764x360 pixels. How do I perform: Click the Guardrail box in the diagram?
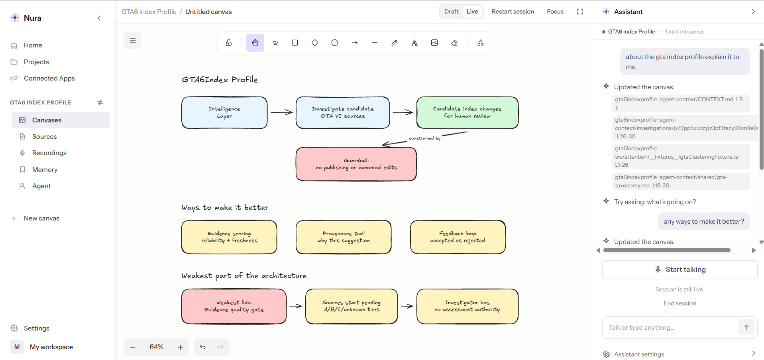click(x=356, y=164)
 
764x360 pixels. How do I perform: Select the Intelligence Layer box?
click(x=224, y=112)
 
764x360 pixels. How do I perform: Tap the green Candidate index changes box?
click(x=467, y=112)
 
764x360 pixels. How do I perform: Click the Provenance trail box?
click(x=344, y=237)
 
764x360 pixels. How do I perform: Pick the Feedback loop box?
click(x=458, y=237)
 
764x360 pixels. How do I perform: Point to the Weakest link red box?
click(x=234, y=306)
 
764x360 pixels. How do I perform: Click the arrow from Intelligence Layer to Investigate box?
click(x=282, y=112)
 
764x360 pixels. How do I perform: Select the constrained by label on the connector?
click(x=425, y=138)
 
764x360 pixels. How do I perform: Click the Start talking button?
click(x=680, y=270)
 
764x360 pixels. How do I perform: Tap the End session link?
click(x=680, y=303)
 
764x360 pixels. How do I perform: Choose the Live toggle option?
click(x=472, y=12)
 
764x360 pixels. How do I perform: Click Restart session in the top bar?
click(x=513, y=12)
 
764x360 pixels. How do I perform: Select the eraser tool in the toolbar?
click(x=454, y=43)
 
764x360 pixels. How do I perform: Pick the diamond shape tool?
click(x=315, y=43)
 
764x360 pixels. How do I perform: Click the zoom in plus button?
click(x=181, y=347)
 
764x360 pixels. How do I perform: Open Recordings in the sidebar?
click(x=49, y=153)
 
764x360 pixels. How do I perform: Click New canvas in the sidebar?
click(x=41, y=218)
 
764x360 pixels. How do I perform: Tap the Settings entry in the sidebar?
click(x=36, y=328)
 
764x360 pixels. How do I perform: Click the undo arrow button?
click(x=202, y=347)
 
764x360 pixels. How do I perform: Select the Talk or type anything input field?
click(x=670, y=327)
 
